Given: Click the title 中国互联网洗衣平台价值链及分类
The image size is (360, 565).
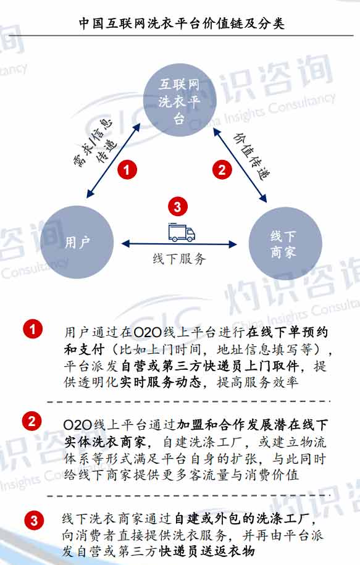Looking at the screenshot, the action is click(x=182, y=23).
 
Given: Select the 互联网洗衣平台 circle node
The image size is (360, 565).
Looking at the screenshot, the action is click(x=180, y=101).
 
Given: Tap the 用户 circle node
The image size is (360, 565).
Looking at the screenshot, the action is click(x=77, y=242).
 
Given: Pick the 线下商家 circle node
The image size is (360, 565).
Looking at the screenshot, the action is click(x=285, y=243).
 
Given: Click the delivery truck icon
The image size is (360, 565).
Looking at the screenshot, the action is click(x=182, y=232).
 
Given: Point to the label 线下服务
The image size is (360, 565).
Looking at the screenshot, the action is click(x=179, y=258).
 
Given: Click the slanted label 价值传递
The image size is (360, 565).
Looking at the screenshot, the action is click(x=251, y=156).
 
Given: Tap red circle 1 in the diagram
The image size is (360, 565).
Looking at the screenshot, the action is click(x=127, y=169).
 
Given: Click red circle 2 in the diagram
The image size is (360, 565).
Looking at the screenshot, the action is click(x=222, y=169).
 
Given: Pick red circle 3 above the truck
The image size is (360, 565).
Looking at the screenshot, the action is click(x=177, y=206).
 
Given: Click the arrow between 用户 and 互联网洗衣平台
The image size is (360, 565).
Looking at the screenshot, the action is click(x=113, y=161).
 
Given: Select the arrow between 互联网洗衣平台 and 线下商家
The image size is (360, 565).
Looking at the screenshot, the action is click(x=240, y=164).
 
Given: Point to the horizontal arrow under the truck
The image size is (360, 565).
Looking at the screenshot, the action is click(x=179, y=245).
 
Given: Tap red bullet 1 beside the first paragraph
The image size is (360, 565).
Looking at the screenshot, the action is click(x=33, y=329).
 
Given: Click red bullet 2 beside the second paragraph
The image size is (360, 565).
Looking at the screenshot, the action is click(x=31, y=421).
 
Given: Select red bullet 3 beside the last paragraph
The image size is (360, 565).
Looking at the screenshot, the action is click(x=34, y=520).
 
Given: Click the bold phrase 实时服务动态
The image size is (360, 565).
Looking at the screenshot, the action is click(x=161, y=382).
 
